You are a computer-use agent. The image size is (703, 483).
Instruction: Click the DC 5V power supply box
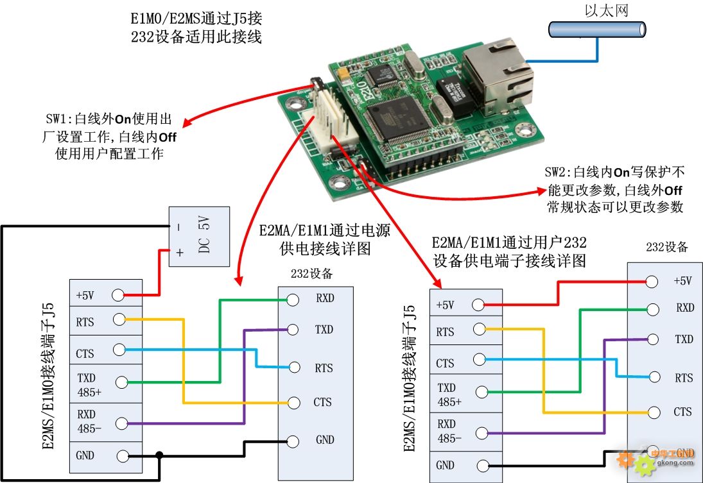tap(198, 236)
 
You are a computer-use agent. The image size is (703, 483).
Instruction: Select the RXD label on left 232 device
tap(324, 298)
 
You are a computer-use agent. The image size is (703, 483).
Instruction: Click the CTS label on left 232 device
tap(322, 402)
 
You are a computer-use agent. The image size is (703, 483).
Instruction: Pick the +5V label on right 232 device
tap(683, 280)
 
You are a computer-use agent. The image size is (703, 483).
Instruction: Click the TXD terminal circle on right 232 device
tap(652, 339)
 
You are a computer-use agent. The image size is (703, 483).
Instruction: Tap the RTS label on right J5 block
tap(445, 332)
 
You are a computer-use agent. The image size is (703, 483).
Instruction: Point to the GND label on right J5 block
tap(445, 465)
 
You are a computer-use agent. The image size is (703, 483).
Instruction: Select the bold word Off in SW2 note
tap(673, 190)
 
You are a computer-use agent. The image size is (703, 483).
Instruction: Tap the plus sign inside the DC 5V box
tap(180, 252)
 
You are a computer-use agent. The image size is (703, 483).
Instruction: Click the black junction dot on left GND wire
tap(159, 455)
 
